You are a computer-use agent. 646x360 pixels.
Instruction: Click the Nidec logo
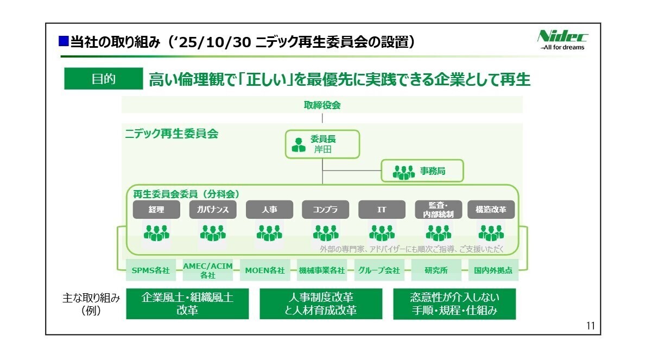(x=562, y=40)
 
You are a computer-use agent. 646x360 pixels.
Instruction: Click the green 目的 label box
(x=103, y=79)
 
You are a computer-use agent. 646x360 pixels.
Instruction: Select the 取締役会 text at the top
(x=322, y=105)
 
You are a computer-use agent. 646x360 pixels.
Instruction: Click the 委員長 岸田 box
(x=322, y=144)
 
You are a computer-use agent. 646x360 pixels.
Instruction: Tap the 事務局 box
(x=422, y=170)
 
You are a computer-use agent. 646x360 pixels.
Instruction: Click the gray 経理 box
(x=156, y=210)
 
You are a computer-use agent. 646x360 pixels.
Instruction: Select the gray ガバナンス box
(x=213, y=210)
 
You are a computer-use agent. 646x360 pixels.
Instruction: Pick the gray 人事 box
(x=269, y=210)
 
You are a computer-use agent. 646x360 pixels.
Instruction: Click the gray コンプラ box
(x=325, y=210)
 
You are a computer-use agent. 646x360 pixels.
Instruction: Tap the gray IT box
(x=382, y=210)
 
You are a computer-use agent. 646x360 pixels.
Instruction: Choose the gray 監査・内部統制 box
(x=438, y=210)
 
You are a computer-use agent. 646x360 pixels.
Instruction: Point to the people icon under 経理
(x=156, y=232)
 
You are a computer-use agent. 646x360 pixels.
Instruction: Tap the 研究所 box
(x=436, y=270)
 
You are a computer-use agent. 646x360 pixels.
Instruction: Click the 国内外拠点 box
(x=493, y=270)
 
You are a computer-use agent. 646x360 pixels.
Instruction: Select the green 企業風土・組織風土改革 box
(x=187, y=304)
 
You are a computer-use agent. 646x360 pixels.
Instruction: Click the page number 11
(x=590, y=326)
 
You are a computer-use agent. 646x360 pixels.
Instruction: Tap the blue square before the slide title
(x=63, y=41)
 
